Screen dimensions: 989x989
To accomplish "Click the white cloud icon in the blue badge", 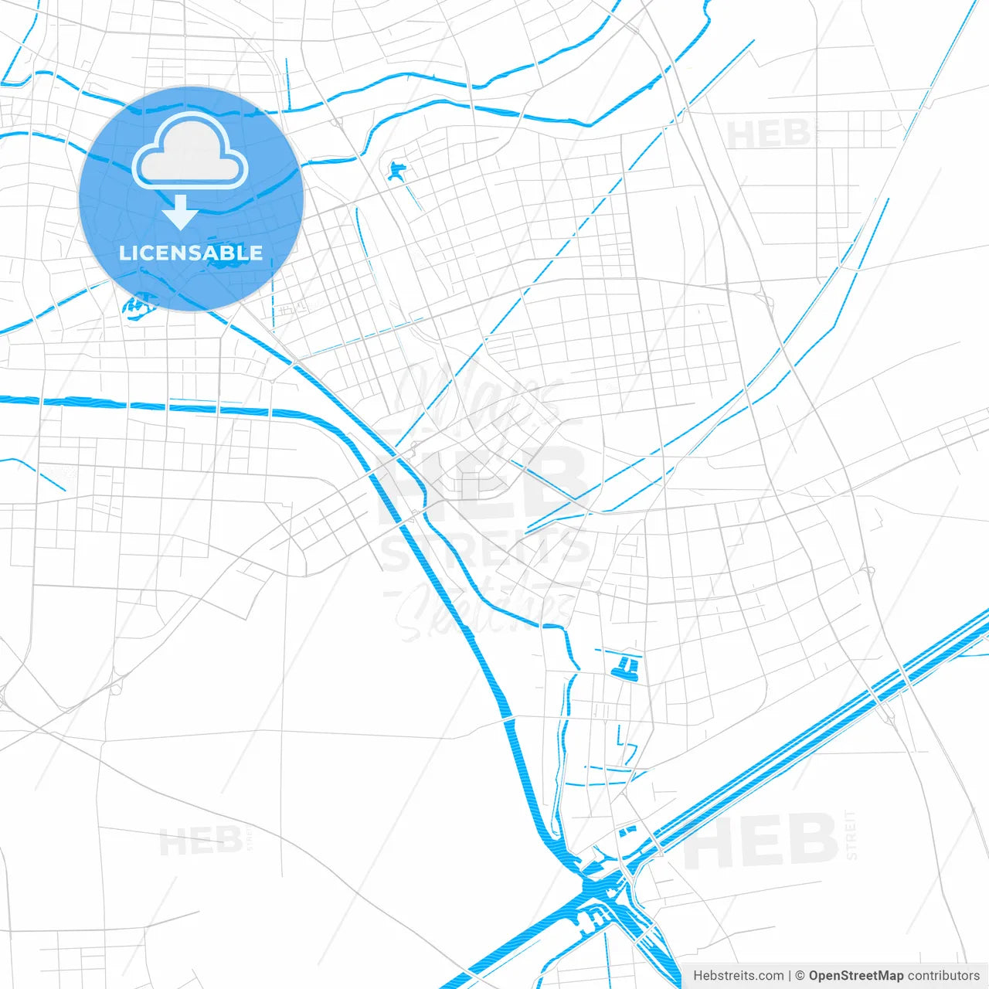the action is pyautogui.click(x=190, y=151).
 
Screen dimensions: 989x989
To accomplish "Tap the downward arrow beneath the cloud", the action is pyautogui.click(x=181, y=212).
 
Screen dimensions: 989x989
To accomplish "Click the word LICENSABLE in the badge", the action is pyautogui.click(x=191, y=253).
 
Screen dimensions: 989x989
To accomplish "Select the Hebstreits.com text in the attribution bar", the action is pyautogui.click(x=738, y=976).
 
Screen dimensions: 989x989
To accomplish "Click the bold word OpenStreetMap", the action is pyautogui.click(x=855, y=976).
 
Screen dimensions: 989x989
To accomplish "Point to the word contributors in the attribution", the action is pyautogui.click(x=943, y=976).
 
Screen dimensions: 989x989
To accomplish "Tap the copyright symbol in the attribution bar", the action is pyautogui.click(x=800, y=976).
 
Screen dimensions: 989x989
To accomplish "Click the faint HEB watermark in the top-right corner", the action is pyautogui.click(x=768, y=134).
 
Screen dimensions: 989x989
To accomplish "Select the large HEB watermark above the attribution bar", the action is pyautogui.click(x=761, y=841).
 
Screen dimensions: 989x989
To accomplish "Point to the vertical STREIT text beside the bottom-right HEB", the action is pyautogui.click(x=851, y=835).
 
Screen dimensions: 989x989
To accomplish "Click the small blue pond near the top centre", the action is pyautogui.click(x=397, y=171).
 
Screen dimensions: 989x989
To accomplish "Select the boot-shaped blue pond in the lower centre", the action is pyautogui.click(x=627, y=668).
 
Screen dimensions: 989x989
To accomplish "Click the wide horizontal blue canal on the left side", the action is pyautogui.click(x=155, y=405).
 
